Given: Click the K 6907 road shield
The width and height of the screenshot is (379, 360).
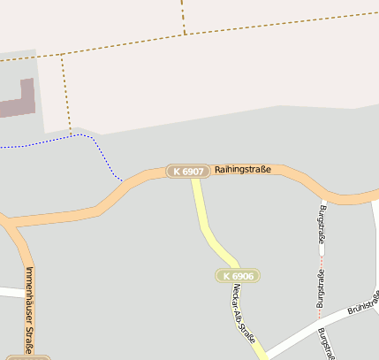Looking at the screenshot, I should click(188, 171).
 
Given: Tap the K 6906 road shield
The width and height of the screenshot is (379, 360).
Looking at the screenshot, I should click(237, 276).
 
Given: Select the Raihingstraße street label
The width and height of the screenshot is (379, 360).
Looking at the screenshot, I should click(242, 169).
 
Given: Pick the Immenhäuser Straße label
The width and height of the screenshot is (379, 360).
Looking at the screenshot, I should click(29, 309).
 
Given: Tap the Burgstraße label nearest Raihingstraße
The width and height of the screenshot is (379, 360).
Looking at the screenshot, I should click(322, 223).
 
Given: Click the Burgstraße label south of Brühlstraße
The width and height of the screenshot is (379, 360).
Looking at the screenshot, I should click(327, 343).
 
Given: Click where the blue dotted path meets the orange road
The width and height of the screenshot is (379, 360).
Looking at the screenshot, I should click(122, 180).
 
